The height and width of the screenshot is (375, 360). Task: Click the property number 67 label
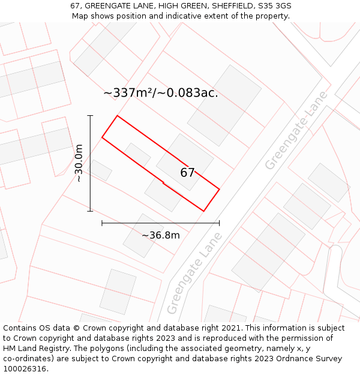point(187,173)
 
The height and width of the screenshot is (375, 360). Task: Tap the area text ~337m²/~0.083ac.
point(160,93)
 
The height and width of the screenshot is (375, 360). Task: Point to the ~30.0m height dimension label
point(79,163)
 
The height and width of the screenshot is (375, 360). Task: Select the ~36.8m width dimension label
point(160,235)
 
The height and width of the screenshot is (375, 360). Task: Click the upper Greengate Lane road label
point(296,130)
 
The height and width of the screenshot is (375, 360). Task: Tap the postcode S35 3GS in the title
point(274,6)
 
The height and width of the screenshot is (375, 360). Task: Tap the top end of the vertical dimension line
point(90,115)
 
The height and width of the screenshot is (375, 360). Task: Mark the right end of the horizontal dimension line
point(219,223)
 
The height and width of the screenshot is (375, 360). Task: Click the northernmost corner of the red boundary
point(117,116)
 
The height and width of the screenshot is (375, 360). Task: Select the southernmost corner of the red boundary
point(204,211)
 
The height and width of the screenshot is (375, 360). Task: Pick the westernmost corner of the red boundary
point(102,137)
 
